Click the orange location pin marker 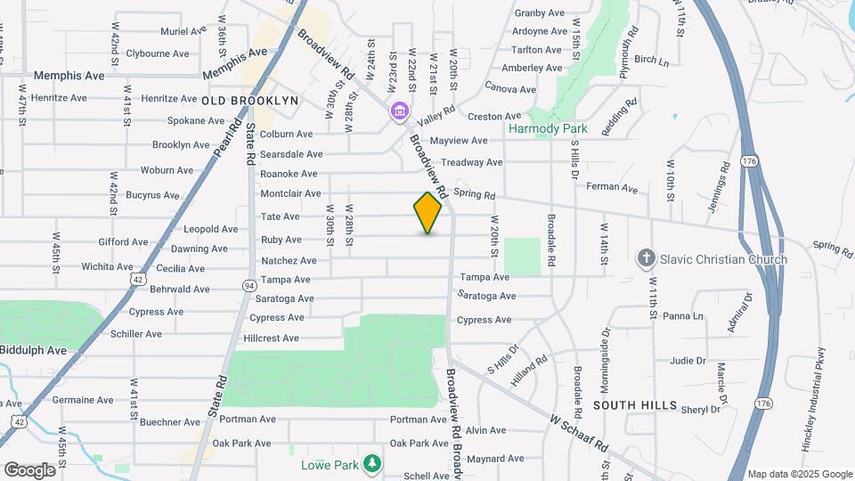427,213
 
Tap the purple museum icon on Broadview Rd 399,111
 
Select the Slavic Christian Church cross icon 647,259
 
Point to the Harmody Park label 548,128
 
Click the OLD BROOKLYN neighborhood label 249,101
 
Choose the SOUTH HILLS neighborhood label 635,404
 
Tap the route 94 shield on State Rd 247,284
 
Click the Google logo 30,469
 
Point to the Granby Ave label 540,12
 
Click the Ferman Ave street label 617,188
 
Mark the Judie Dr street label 688,361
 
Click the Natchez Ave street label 289,261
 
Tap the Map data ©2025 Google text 799,474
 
